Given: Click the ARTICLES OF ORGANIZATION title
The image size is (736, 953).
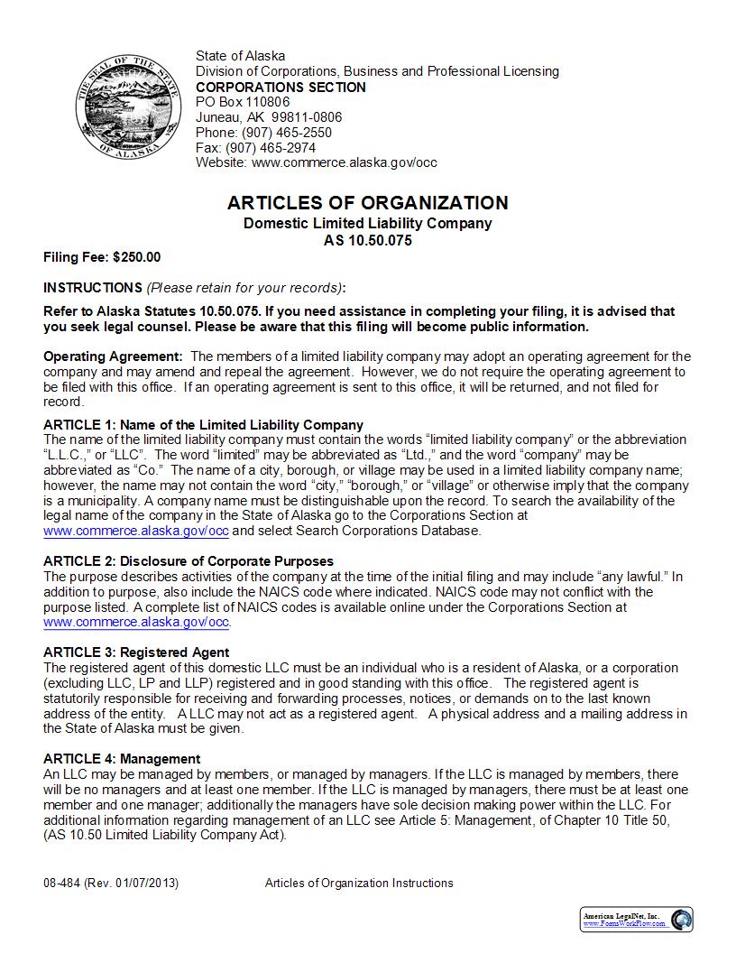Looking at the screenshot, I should tap(367, 203).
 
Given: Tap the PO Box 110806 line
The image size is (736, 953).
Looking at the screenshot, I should tap(243, 102).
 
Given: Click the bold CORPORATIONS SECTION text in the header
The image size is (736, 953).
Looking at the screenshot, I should tap(281, 87).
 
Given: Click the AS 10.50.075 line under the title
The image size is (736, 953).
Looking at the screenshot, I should tap(367, 241).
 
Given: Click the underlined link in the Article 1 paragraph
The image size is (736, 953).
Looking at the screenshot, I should tap(136, 531).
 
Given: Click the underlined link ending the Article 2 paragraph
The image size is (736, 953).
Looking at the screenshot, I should tap(136, 623).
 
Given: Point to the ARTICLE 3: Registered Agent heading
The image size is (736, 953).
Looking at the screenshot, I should tap(136, 652).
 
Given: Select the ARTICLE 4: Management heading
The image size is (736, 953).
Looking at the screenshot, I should tap(122, 759).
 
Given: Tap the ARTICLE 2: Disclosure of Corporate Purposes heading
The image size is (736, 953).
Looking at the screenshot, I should tap(189, 561).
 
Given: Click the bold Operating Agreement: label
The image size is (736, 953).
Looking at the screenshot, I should tap(113, 356).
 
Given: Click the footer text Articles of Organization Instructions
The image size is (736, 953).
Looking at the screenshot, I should tap(359, 883).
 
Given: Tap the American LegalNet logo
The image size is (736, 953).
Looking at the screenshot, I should tap(636, 919).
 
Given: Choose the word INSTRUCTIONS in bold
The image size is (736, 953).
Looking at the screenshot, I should tap(92, 288).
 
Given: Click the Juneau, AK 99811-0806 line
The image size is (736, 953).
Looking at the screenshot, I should tap(269, 117).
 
